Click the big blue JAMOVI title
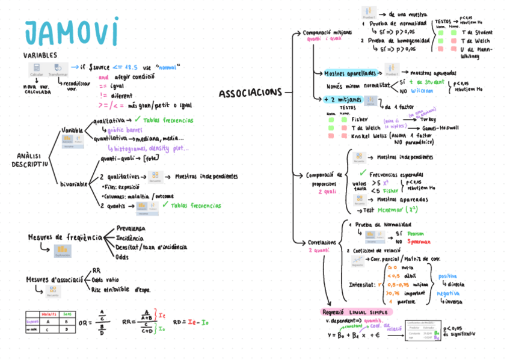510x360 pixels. pos(72,33)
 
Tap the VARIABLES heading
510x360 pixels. pos(41,56)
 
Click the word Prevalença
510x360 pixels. pos(130,228)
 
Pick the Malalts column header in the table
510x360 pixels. pos(49,313)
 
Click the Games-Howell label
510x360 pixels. pos(441,128)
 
